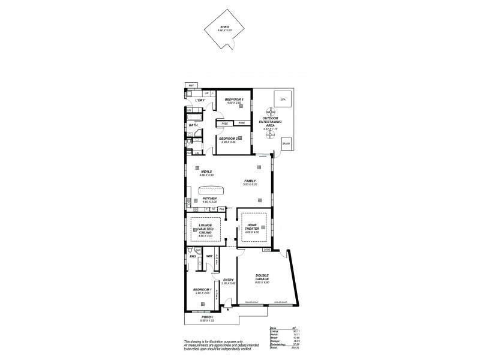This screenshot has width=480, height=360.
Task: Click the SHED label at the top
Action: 225,27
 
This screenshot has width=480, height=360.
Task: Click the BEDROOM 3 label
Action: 233,99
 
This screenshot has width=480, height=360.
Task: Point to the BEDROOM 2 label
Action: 229,139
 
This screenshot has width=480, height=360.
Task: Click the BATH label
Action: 193,125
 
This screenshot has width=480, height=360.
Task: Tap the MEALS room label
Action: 206,171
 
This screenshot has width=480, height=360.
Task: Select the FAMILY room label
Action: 250,181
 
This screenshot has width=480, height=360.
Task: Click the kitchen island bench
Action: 215,190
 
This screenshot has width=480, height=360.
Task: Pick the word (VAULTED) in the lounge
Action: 206,229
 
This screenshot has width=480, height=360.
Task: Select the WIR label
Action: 209,256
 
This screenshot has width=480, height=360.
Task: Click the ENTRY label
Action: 228,280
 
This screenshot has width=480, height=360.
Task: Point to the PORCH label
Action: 207,318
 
